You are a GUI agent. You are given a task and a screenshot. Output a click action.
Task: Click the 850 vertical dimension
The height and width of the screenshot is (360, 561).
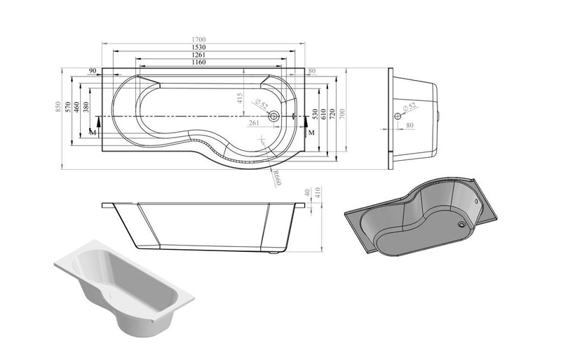[59, 107]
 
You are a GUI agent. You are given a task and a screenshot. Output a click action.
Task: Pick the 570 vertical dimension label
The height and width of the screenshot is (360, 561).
[68, 107]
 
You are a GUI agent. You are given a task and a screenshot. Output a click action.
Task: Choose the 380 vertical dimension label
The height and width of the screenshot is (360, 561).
[86, 107]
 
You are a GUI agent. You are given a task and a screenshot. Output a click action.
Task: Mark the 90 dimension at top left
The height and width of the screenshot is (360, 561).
[92, 70]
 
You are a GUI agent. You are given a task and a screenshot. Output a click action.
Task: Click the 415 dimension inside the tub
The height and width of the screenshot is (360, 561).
[240, 98]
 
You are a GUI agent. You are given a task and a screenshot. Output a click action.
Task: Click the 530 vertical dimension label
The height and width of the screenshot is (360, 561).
[316, 114]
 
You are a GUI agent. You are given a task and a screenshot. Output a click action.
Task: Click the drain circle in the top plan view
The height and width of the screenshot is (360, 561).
[275, 116]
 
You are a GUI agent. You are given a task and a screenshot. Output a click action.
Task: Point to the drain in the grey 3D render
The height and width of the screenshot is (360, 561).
[461, 225]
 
